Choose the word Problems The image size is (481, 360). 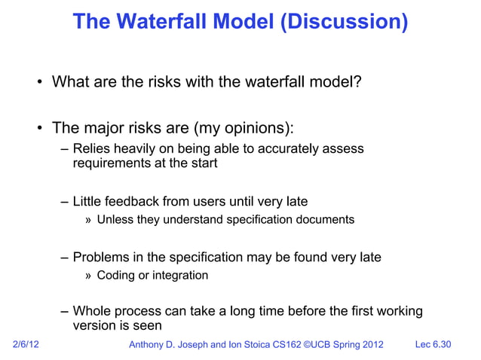click(103, 257)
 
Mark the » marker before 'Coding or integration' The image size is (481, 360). click(88, 276)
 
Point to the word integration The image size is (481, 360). click(180, 276)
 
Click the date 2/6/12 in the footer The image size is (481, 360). click(28, 345)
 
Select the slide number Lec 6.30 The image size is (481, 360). click(434, 345)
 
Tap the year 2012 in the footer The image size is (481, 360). click(369, 345)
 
